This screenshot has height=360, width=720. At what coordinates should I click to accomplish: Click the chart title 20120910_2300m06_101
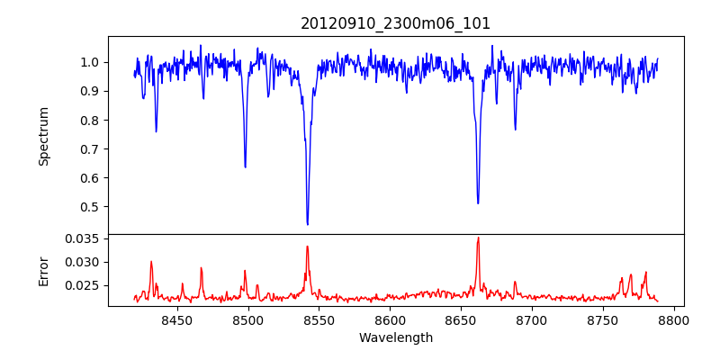point(395,23)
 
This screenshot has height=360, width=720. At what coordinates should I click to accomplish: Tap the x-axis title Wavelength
point(395,337)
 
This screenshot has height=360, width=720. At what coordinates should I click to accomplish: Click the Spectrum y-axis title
point(43,136)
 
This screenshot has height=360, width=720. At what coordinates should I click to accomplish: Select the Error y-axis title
point(43,270)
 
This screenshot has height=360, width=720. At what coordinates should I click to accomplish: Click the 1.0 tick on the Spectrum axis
point(90,62)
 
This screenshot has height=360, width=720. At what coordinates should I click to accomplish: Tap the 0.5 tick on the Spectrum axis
point(90,207)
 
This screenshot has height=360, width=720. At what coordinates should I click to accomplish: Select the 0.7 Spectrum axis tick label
point(90,149)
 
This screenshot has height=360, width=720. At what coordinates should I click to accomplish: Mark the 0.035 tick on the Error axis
point(84,238)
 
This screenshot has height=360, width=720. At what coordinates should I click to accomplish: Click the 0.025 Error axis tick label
point(84,285)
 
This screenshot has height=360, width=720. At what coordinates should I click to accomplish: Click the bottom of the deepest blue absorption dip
point(308,224)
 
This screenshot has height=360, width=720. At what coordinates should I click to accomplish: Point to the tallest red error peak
point(478,238)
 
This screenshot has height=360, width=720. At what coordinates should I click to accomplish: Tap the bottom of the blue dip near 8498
point(245,167)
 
